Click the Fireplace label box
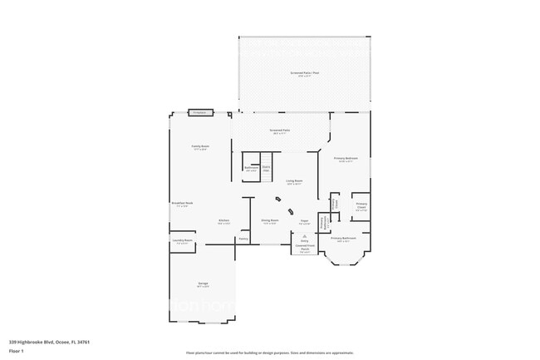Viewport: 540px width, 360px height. [x=199, y=112]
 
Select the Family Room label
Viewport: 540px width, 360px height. [x=199, y=146]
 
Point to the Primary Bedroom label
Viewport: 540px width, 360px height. [x=345, y=158]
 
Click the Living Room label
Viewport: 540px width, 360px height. [x=294, y=181]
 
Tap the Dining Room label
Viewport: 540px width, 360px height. [x=270, y=221]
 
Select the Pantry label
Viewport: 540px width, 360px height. [x=243, y=239]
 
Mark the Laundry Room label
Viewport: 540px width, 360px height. [x=183, y=241]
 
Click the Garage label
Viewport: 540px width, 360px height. [x=203, y=284]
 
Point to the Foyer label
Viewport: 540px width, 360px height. [x=304, y=221]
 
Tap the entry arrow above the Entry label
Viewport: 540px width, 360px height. [x=304, y=236]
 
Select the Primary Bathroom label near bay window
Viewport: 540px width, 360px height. [x=343, y=239]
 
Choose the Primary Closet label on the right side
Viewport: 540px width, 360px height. [x=361, y=205]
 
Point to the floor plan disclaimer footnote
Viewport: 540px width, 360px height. [x=270, y=353]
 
